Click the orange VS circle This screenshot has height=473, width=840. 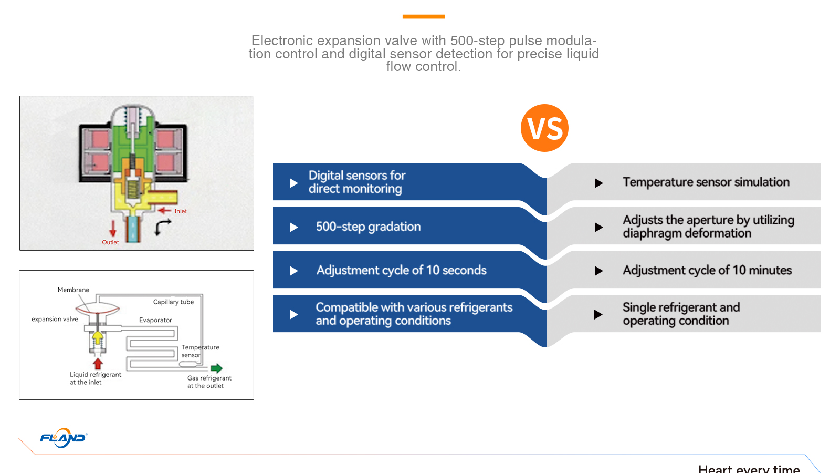pos(544,128)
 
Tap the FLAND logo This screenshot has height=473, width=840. pos(64,438)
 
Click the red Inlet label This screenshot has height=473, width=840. pos(181,211)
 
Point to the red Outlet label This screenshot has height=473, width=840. pos(110,242)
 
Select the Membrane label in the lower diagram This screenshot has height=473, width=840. pos(73,290)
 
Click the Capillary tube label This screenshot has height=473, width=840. pos(173,302)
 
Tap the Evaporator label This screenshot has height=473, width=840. pos(155,320)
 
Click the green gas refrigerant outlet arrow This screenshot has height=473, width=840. pos(216,368)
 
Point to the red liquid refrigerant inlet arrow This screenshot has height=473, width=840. pos(98,364)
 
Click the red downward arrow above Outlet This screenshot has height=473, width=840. pos(112,228)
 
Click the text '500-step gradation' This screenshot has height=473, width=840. pos(368,227)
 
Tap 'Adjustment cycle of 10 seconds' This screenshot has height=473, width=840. pos(401,270)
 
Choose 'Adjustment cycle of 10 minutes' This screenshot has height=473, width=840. pos(707,270)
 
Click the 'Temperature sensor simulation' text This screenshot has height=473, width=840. pos(706,182)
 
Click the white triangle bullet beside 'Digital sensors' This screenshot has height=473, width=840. pos(293,183)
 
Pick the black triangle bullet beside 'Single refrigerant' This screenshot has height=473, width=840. pos(598,315)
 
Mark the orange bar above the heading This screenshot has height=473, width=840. pos(424,16)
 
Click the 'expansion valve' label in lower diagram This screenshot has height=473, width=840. pos(55,319)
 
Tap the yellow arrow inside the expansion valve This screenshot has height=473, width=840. pos(98,337)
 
